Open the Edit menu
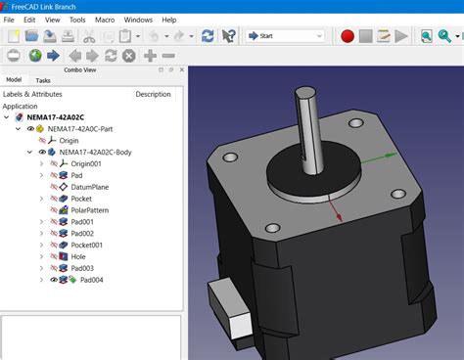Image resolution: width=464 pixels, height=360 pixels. pos(29,20)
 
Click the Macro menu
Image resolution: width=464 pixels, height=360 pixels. pos(105,20)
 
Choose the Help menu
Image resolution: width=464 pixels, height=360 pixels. pos(169,20)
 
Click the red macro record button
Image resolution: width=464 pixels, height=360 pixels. pos(348,36)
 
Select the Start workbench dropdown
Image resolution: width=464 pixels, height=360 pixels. pos(286,36)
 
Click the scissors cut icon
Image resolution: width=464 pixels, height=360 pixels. pos(89,36)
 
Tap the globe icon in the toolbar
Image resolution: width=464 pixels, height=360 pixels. pos(35,56)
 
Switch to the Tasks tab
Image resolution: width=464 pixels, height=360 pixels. pos(43,80)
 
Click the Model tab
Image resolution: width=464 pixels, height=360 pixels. pos(14,79)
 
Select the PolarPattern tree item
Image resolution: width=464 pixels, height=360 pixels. pos(90,210)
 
